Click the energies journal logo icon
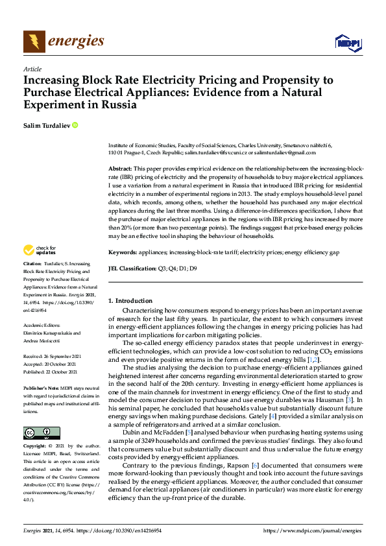pos(34,42)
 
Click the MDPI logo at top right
pos(348,43)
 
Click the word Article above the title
pos(32,69)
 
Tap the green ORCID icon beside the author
pos(75,125)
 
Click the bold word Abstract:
pos(121,168)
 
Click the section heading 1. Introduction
pos(130,301)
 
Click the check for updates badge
pos(40,250)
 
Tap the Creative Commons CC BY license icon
pos(37,433)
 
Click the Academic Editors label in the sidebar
pos(42,326)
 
